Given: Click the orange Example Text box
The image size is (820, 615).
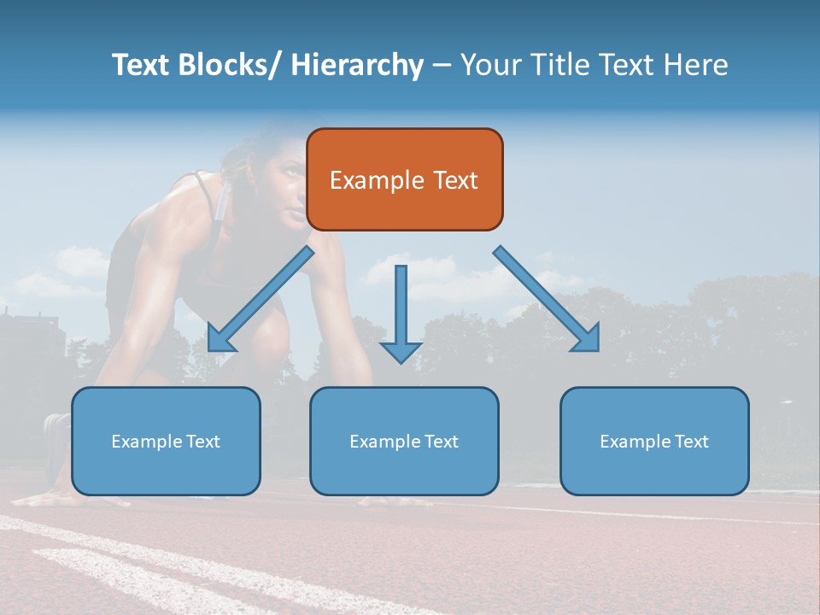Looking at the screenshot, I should (404, 179).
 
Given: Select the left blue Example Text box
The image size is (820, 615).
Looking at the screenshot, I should (166, 441).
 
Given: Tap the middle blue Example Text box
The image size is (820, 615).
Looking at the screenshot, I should (404, 441).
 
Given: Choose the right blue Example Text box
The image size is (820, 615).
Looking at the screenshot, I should (654, 441).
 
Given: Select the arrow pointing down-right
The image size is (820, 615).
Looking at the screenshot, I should (547, 299).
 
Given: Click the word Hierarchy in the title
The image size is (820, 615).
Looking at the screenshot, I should (357, 65).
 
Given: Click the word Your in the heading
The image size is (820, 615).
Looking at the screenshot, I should (490, 65).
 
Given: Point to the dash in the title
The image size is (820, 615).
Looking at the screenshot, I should (442, 65).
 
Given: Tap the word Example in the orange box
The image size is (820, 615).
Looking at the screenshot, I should (377, 180).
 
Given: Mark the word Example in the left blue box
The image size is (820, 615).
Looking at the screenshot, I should (147, 442).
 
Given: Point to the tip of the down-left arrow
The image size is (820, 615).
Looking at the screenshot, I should (210, 349).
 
